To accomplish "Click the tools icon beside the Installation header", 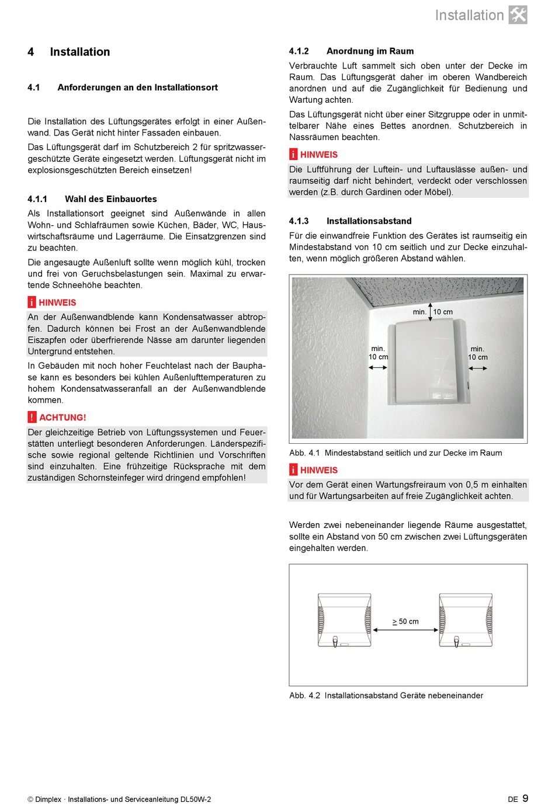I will (x=518, y=15).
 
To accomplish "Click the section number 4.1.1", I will (x=37, y=199).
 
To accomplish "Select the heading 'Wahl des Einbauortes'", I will (x=111, y=199).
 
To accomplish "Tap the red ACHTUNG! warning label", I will (x=63, y=418).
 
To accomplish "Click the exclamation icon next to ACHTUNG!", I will (x=32, y=417).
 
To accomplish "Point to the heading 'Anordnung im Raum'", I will (x=370, y=51).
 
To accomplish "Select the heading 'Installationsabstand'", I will (x=369, y=221).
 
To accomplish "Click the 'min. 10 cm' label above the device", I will (x=433, y=312).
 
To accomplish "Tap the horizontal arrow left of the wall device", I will (x=378, y=367).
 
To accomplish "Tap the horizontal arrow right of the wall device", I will (x=478, y=368).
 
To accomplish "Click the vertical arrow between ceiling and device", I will (x=430, y=311).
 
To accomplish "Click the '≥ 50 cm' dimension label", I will (x=405, y=621).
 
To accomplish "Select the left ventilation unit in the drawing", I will (x=344, y=620).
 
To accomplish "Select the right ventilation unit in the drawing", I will (x=466, y=620).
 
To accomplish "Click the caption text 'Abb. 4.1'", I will (x=304, y=453).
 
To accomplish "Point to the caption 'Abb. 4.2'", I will (x=304, y=696).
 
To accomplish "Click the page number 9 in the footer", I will (x=525, y=798).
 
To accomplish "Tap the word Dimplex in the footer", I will (x=48, y=799).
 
